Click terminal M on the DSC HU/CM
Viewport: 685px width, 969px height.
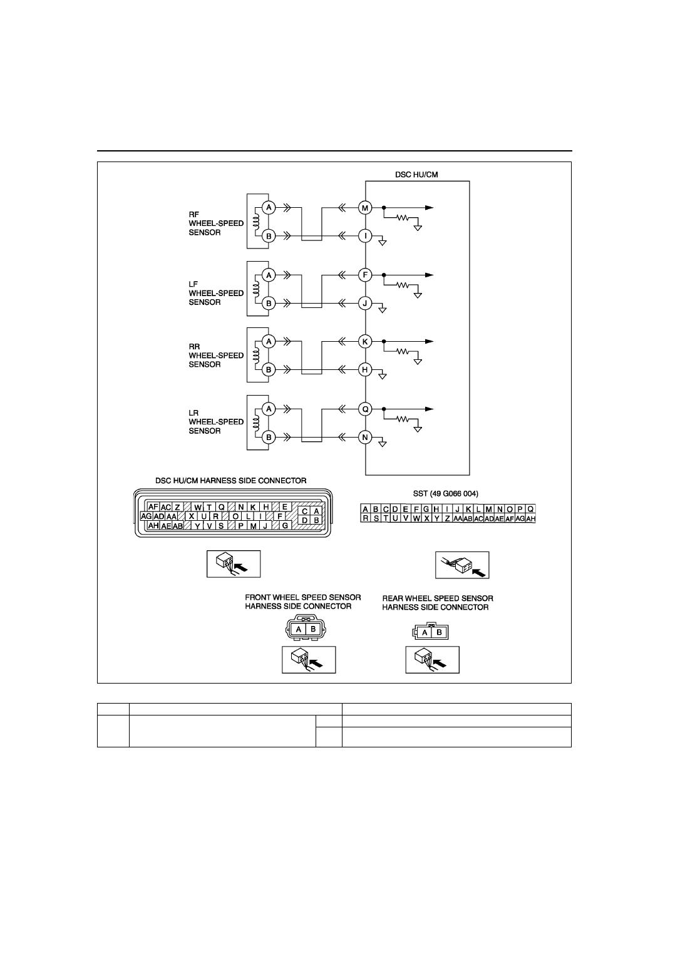[365, 208]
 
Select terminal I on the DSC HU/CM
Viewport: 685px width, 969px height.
[365, 236]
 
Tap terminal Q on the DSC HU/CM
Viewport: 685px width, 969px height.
[365, 409]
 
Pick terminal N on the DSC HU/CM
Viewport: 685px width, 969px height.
[365, 438]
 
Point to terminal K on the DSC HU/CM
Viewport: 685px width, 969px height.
[365, 342]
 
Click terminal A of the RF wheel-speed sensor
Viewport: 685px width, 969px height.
[269, 208]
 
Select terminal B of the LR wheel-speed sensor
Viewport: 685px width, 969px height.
[269, 438]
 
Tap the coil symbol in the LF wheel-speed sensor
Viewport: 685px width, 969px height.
[256, 289]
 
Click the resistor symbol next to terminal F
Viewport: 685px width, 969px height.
[403, 285]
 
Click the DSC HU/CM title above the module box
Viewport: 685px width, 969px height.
[416, 175]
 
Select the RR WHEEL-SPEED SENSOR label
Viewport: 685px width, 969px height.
[216, 356]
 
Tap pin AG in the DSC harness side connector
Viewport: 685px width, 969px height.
[147, 516]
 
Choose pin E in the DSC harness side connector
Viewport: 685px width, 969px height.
[285, 507]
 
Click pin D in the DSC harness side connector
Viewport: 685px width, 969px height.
[305, 520]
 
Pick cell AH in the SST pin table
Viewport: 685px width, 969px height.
[530, 519]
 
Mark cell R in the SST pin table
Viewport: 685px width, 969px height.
[366, 518]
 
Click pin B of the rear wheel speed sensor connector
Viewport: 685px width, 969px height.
[439, 632]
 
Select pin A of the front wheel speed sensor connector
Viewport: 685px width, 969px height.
[299, 630]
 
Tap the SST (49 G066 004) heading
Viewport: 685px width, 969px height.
[446, 494]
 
